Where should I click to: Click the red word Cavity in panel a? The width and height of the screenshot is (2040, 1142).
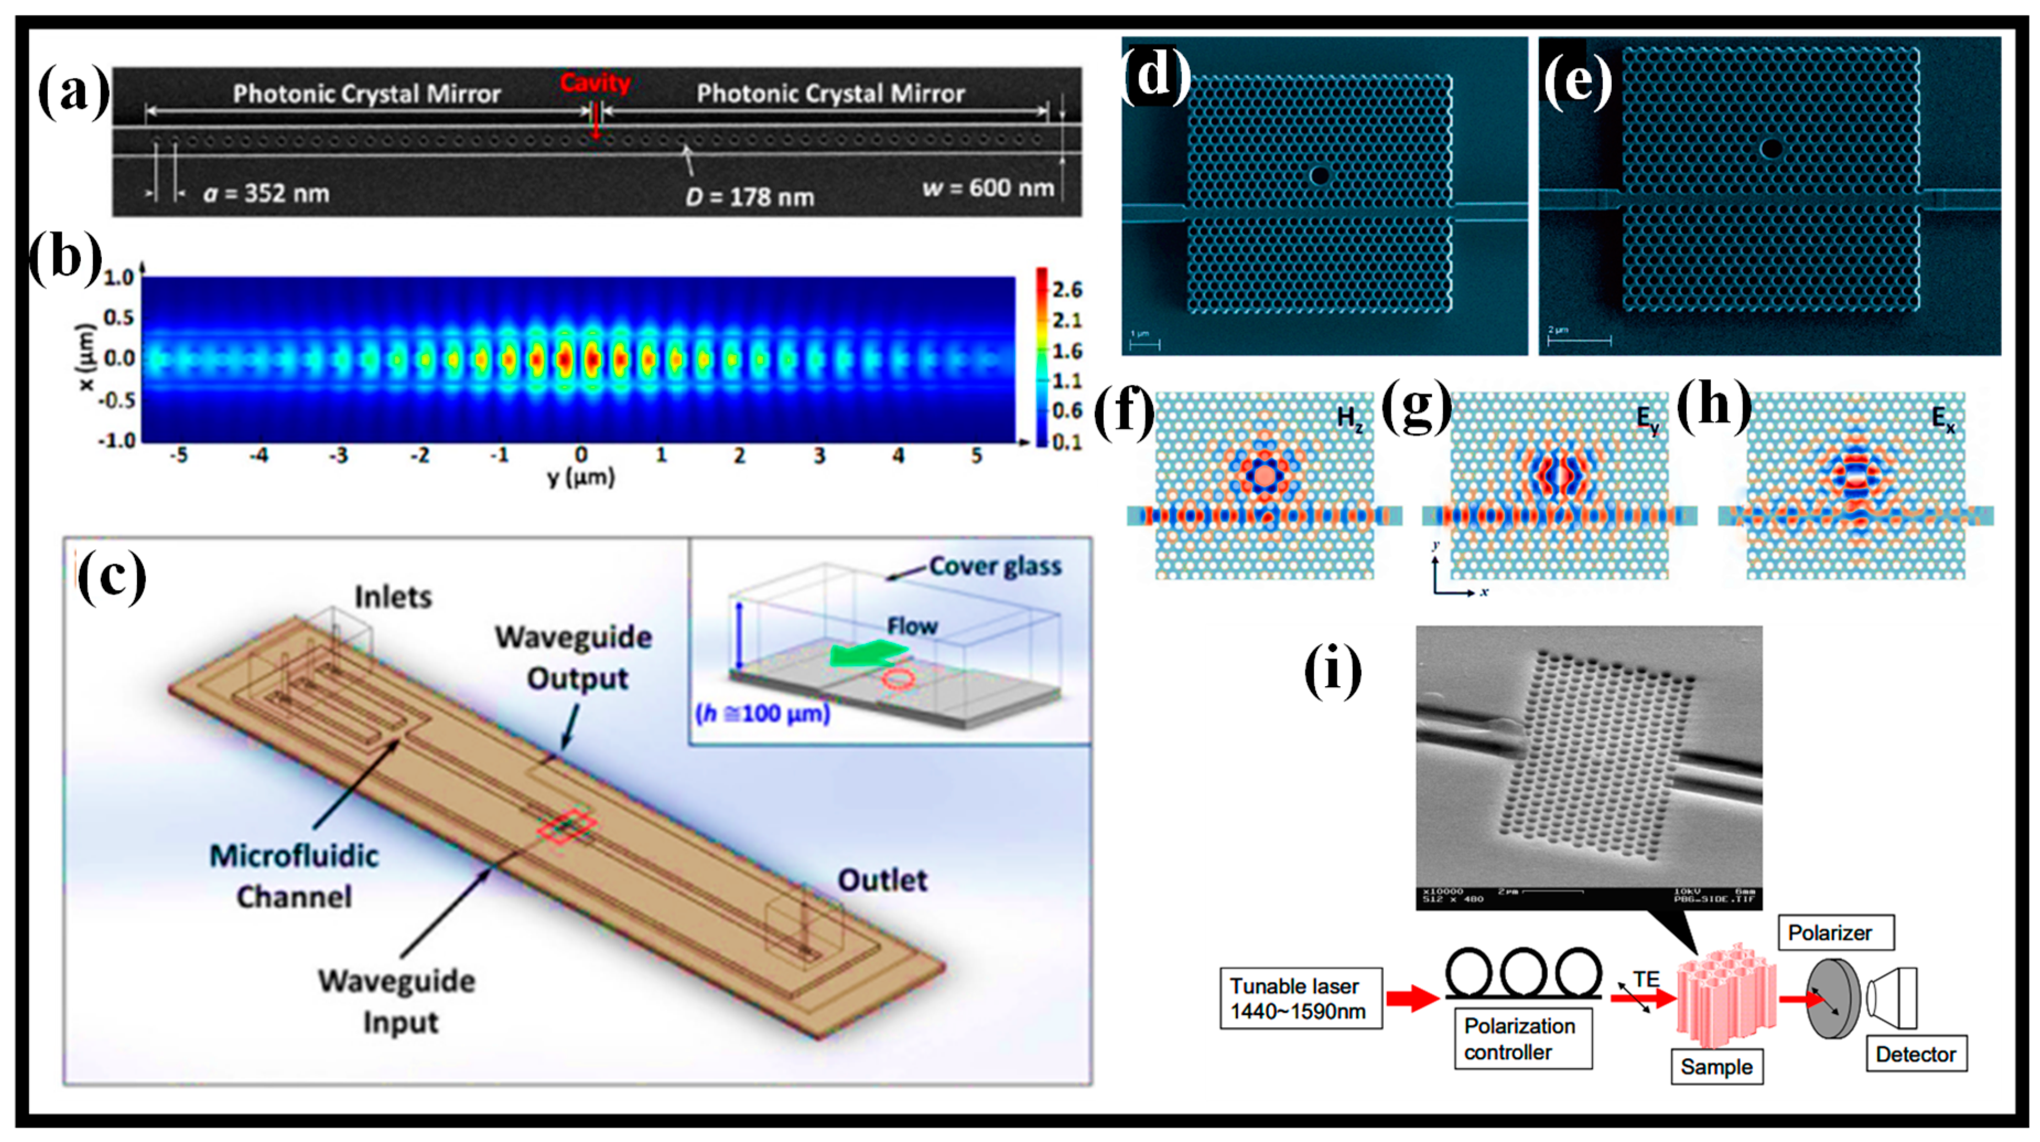[595, 82]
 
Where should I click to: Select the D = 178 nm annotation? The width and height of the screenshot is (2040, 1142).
[749, 196]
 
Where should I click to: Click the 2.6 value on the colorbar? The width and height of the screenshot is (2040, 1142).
[1067, 290]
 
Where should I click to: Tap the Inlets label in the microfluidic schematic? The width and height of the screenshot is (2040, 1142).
[393, 597]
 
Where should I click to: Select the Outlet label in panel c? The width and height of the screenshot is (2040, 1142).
[882, 880]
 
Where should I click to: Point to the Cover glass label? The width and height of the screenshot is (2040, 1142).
[995, 566]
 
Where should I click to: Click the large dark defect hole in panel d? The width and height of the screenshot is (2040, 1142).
[1319, 175]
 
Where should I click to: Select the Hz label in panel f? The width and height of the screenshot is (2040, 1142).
[1350, 418]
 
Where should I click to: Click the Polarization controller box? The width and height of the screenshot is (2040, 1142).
[1522, 1039]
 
